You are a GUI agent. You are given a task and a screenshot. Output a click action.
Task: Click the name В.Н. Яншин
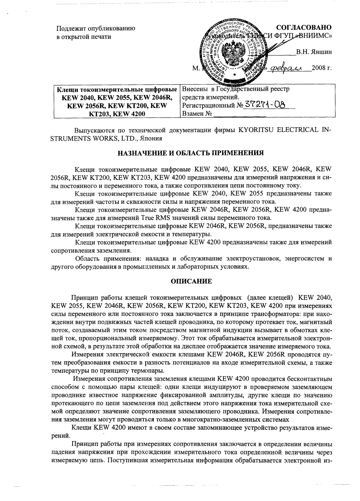(314, 52)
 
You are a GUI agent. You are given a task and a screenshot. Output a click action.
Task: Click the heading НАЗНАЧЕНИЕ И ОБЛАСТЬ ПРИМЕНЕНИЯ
(191, 152)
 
